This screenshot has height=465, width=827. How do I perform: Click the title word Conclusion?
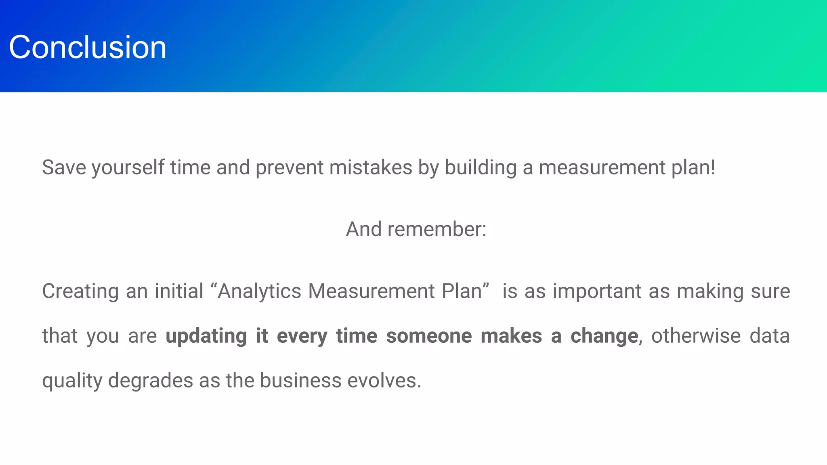click(x=87, y=47)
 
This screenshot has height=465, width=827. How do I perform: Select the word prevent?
click(x=290, y=168)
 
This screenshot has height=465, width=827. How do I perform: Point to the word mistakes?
click(x=371, y=168)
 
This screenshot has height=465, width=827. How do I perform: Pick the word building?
click(x=481, y=168)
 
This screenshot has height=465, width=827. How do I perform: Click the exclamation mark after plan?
click(x=713, y=168)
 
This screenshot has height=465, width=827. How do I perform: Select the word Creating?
click(x=80, y=291)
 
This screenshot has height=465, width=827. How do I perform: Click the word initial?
click(x=179, y=291)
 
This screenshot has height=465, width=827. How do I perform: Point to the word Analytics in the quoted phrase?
click(x=260, y=291)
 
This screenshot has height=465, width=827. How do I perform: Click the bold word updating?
click(x=206, y=336)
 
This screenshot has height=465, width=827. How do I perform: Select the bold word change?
click(x=604, y=336)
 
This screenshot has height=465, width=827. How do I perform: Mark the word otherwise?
click(x=696, y=336)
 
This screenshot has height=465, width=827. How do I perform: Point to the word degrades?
click(x=151, y=381)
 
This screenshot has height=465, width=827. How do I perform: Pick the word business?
click(x=300, y=381)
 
